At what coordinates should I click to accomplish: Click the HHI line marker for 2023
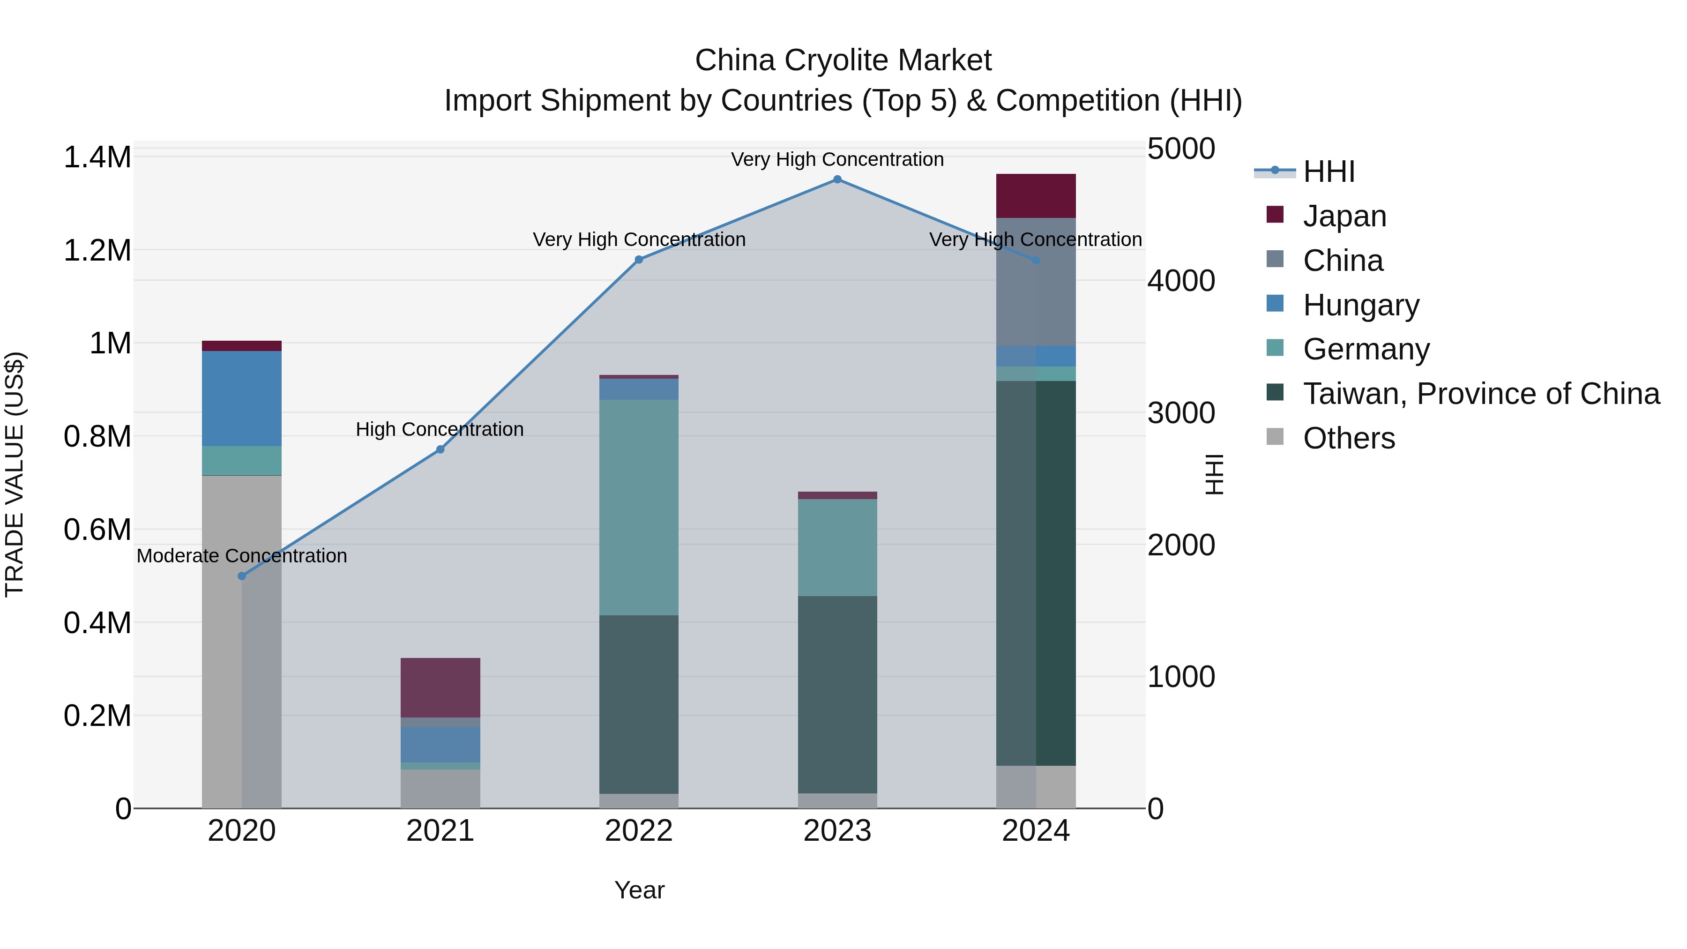(837, 179)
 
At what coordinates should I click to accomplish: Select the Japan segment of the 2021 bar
(440, 687)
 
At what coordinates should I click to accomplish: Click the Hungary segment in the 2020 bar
(242, 398)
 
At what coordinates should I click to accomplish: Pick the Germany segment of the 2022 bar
(639, 507)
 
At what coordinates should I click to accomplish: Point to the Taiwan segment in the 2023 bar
(837, 694)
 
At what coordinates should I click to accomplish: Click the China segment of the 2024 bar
(1035, 282)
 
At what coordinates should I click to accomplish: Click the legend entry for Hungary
(1361, 305)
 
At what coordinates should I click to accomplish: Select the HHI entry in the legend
(1328, 172)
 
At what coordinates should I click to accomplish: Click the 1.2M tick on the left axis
(97, 250)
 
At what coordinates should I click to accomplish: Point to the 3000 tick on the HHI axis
(1181, 413)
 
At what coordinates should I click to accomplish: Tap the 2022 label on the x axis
(639, 831)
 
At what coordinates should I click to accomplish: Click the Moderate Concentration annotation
(242, 556)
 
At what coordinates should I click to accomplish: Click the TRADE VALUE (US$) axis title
(15, 474)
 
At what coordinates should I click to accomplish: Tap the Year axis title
(639, 890)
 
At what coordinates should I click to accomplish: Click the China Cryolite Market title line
(843, 60)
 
